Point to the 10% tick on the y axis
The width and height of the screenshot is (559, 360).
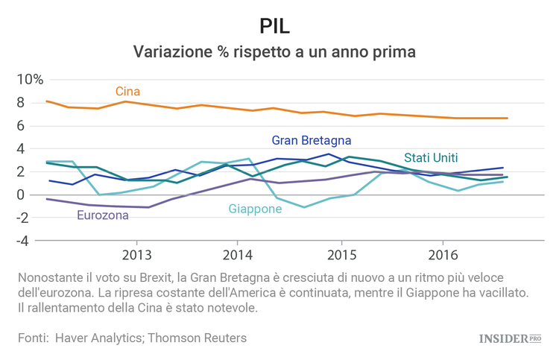click(31, 80)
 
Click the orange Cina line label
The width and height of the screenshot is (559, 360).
click(127, 92)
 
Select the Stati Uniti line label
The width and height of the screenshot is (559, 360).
click(431, 157)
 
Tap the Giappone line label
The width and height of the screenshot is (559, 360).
click(255, 209)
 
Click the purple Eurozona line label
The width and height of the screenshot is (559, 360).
click(103, 215)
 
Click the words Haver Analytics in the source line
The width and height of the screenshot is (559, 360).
click(102, 338)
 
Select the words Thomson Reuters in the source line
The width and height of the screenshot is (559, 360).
click(197, 338)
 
